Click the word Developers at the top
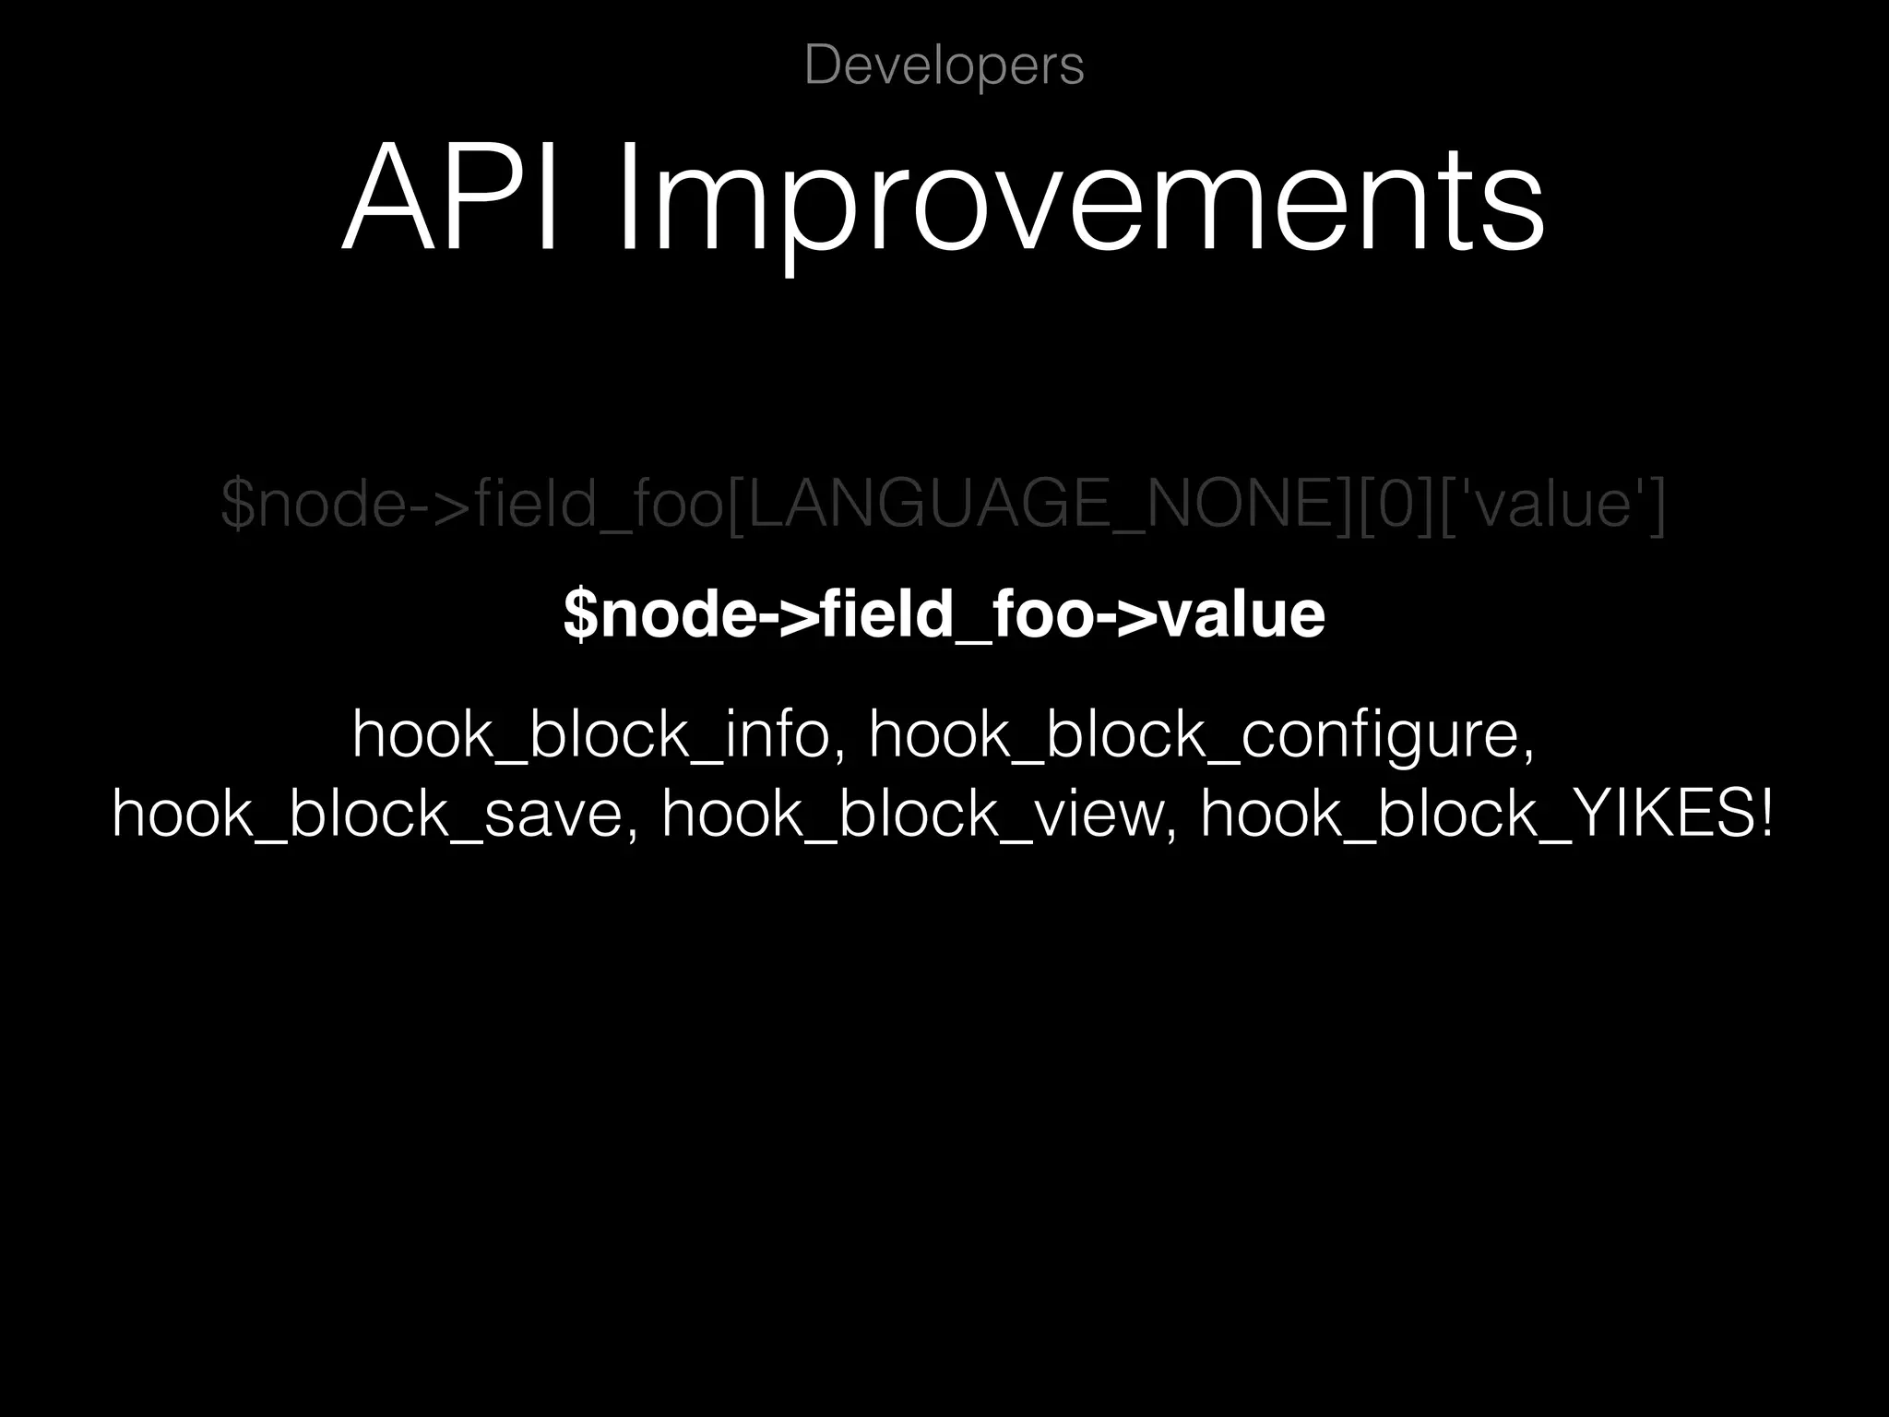pyautogui.click(x=944, y=65)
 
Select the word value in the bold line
pyautogui.click(x=1242, y=614)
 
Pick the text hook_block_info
pyautogui.click(x=591, y=735)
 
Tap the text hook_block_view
pyautogui.click(x=912, y=815)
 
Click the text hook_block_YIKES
pyautogui.click(x=1476, y=815)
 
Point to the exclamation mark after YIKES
pyautogui.click(x=1765, y=815)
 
